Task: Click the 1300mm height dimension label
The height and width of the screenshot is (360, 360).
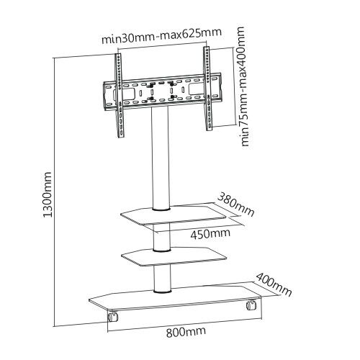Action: (48, 195)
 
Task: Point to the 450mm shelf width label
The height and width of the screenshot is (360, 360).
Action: (210, 233)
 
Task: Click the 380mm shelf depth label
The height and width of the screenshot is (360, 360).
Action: (235, 204)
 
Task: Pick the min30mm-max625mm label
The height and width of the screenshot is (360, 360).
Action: (161, 36)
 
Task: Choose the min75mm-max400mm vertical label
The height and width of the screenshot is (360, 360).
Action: (243, 86)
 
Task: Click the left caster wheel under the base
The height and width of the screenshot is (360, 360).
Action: (112, 316)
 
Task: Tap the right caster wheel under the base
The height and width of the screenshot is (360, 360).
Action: (251, 305)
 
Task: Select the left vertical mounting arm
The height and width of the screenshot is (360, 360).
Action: (120, 96)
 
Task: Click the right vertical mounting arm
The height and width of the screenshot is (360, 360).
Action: (207, 89)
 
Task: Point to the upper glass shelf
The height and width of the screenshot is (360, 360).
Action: (173, 215)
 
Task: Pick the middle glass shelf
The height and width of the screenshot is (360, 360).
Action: (174, 257)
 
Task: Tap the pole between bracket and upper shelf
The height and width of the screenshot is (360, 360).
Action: (160, 158)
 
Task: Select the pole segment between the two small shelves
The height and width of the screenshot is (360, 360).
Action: (162, 236)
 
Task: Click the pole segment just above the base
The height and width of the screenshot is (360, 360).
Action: (163, 278)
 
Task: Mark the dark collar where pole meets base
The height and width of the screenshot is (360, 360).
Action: (163, 291)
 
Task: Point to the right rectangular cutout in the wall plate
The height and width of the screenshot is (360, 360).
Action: (196, 89)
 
